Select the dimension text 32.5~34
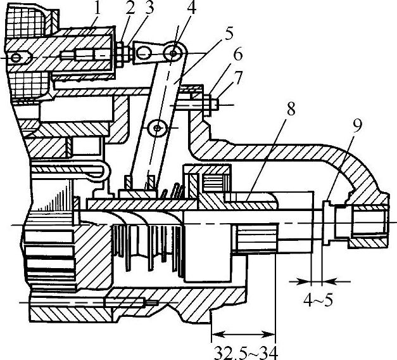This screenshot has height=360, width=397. coord(244,350)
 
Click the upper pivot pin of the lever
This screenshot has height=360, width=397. coord(174,54)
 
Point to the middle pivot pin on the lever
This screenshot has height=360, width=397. coord(155,129)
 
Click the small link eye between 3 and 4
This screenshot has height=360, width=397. coord(144,55)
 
